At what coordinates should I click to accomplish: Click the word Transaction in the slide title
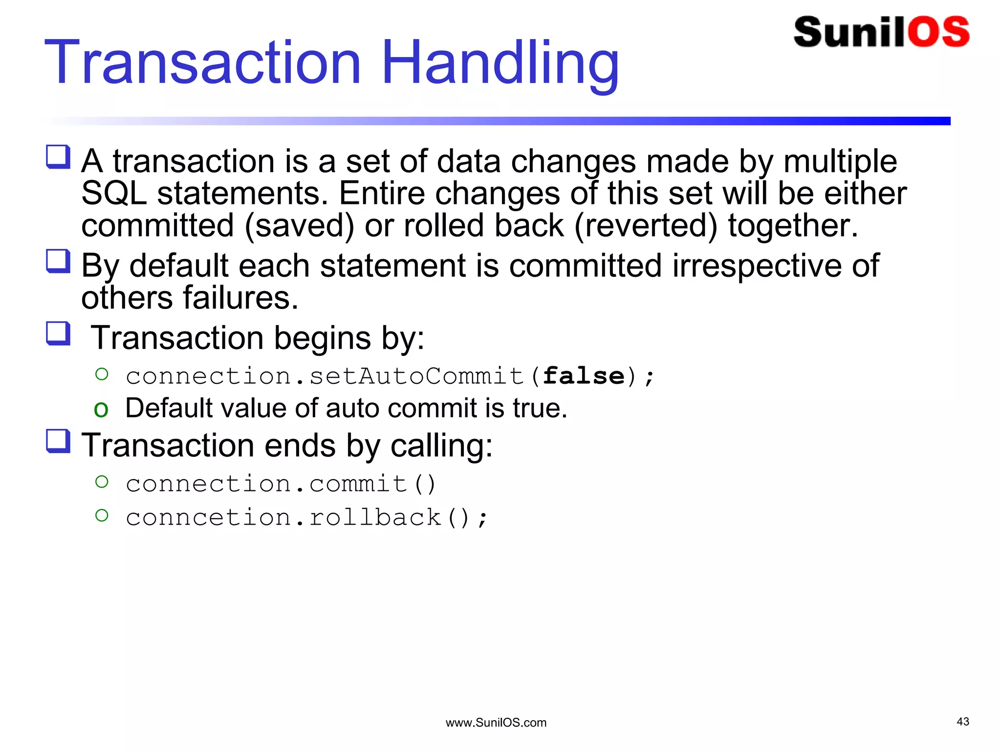pos(203,64)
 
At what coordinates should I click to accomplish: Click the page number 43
pos(962,722)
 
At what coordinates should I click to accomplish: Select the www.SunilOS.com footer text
pos(496,723)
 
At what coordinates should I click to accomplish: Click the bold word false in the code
pos(584,376)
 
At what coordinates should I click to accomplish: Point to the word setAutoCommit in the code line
pos(416,376)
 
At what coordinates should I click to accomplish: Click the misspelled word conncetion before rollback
pos(209,517)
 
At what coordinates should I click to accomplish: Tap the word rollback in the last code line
pos(375,517)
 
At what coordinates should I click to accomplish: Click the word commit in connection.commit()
pos(358,484)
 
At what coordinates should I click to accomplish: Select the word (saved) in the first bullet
pos(299,226)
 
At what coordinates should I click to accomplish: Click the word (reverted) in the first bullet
pos(646,226)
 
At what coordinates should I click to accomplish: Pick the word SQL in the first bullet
pos(114,194)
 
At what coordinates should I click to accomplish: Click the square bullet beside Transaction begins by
pos(58,333)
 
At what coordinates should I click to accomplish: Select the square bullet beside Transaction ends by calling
pos(58,441)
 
